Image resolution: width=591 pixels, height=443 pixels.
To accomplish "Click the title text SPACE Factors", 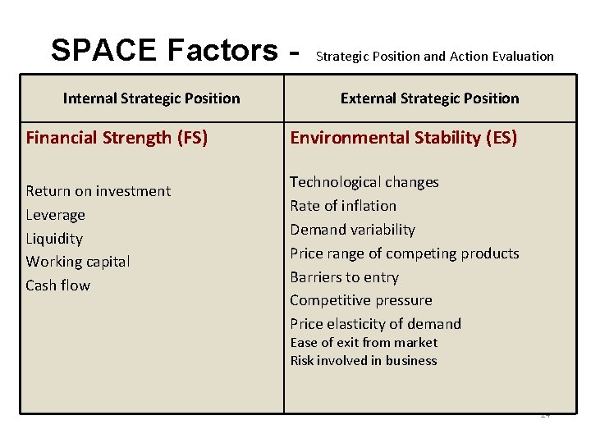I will point(164,51).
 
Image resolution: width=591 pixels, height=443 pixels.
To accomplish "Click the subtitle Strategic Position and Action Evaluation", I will point(434,57).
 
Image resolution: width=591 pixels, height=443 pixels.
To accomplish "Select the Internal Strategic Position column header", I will point(152,98).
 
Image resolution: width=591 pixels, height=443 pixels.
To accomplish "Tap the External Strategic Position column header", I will point(429,98).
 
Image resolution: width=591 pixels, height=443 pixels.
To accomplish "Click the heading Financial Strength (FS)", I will point(117,138).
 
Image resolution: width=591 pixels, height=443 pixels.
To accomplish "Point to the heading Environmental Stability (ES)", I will point(403,138).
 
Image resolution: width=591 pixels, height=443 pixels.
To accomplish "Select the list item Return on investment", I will point(98,191).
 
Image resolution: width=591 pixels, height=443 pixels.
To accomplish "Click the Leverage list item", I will point(56,215).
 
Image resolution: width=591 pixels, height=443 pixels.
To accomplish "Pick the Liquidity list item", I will point(54,239).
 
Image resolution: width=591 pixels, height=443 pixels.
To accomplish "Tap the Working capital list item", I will point(78,262).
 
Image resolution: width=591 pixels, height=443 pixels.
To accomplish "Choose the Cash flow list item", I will point(58,285).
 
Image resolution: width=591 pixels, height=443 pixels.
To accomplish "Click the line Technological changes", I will point(364,182).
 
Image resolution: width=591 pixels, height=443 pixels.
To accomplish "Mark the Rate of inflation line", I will point(343,206).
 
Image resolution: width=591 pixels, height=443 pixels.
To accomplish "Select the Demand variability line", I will point(352,230).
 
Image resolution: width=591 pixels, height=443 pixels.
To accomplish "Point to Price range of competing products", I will point(404,253).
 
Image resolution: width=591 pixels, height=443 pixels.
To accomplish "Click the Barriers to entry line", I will point(344,277).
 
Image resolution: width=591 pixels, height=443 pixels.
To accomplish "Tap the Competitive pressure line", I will point(360,300).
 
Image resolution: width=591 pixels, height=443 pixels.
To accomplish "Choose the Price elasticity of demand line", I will point(375,324).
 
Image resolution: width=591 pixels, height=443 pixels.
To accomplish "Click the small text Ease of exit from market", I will point(364,343).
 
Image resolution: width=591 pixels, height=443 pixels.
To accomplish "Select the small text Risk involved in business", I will point(363,361).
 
